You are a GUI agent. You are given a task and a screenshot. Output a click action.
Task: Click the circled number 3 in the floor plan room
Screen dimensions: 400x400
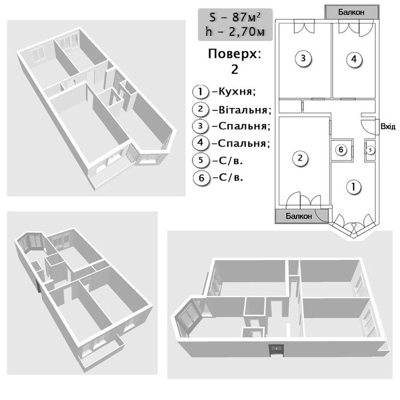tap(303, 58)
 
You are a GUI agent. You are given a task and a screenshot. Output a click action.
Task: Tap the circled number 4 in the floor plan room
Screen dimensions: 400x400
tap(354, 59)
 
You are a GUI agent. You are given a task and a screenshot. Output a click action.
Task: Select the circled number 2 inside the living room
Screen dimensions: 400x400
tap(300, 158)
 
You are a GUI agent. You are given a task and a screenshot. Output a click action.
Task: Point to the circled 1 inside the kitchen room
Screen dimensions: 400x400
tap(353, 187)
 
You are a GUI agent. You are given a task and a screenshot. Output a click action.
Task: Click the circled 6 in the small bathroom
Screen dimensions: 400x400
tap(341, 150)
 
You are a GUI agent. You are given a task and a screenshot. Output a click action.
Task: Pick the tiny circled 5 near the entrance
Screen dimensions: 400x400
tap(370, 150)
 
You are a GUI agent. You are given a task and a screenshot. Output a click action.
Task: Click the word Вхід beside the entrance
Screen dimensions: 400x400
tap(388, 126)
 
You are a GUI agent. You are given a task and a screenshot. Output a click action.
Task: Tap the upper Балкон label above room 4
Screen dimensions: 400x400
tap(351, 12)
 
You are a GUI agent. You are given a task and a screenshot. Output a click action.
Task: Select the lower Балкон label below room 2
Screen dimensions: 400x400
tap(299, 216)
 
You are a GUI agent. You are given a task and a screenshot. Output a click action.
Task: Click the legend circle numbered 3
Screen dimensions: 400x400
tap(201, 126)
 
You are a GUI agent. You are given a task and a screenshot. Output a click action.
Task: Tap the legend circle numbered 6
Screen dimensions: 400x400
tap(202, 178)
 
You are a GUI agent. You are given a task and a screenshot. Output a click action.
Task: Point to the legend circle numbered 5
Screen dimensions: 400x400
tap(201, 160)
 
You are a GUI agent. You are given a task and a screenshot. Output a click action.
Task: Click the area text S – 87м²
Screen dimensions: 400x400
tap(235, 17)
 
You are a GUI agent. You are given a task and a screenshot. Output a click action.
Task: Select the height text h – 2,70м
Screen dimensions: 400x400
tap(235, 31)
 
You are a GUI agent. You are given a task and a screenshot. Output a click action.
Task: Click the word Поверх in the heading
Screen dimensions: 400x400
tap(235, 54)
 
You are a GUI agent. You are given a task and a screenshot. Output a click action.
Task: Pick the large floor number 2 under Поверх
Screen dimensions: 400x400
tap(235, 69)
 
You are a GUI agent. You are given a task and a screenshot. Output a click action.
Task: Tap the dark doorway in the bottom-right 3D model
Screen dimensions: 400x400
tap(277, 350)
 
